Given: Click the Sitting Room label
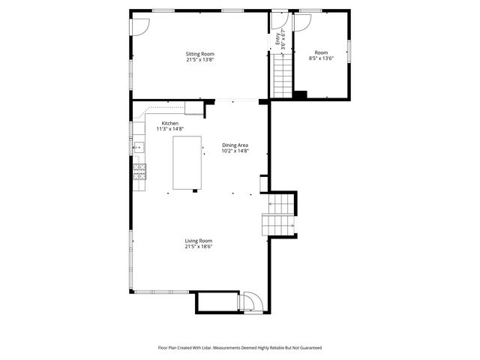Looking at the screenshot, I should (200, 54).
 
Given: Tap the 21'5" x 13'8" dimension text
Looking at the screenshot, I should (200, 60).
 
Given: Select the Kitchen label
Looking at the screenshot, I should (170, 123).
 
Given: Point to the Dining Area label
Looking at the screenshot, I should (235, 145).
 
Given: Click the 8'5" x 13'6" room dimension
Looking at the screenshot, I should (321, 59).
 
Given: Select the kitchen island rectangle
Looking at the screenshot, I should (187, 163).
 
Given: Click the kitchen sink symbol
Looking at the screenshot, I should (139, 148).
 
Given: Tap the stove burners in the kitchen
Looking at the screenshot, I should (139, 172).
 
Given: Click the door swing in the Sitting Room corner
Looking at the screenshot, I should (139, 26).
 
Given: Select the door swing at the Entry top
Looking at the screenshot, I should (280, 21).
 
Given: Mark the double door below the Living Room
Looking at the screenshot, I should (250, 302).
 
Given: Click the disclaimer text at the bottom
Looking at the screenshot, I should (239, 348).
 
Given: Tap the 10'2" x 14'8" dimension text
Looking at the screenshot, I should (235, 151).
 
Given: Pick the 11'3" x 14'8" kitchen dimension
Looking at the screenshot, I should (170, 129).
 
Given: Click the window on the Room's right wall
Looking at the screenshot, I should (349, 49).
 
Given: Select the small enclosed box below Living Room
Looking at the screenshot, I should (217, 302).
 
